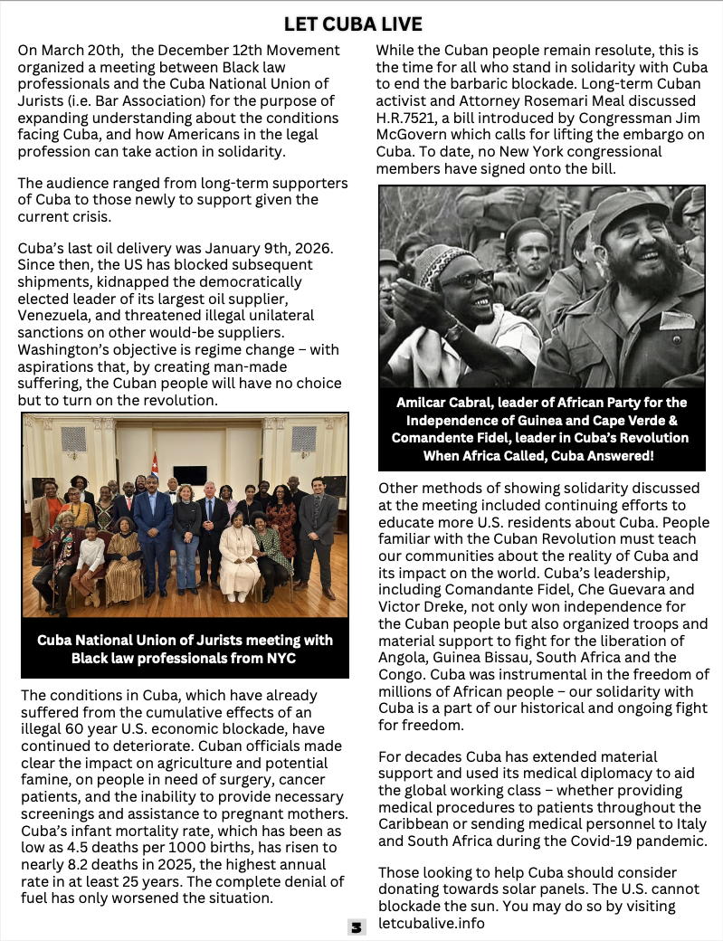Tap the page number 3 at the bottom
click(357, 927)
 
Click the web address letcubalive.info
click(432, 923)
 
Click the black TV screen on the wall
click(190, 475)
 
